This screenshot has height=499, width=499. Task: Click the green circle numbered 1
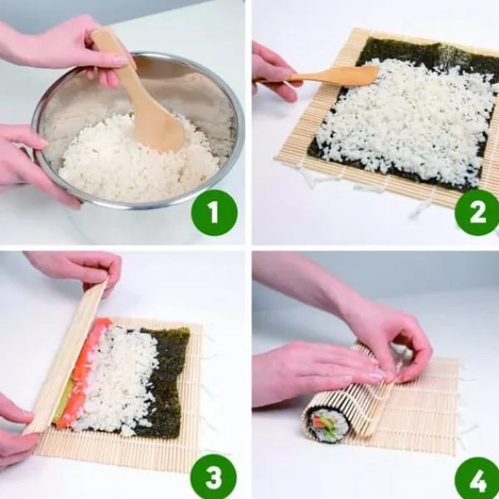(x=215, y=213)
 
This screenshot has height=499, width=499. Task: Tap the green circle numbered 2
(x=477, y=213)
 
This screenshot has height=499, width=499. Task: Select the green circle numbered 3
(x=214, y=477)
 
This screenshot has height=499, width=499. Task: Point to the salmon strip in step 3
(x=82, y=373)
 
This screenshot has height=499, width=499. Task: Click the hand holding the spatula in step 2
(x=274, y=73)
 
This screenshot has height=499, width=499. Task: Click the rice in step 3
(x=118, y=378)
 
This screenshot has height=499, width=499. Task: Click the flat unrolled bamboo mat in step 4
(x=423, y=411)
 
